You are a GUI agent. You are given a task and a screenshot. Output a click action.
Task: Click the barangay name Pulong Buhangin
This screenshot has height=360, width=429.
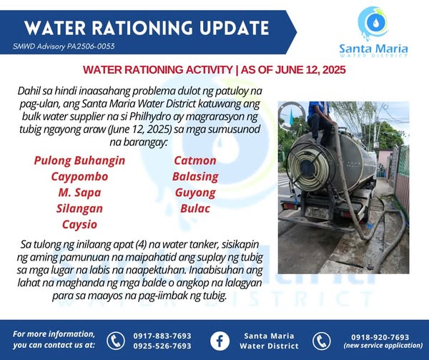[79, 161]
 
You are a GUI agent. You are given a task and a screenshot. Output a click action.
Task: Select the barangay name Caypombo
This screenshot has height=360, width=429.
[79, 177]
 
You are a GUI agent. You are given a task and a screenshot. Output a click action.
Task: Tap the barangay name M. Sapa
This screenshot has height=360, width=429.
[79, 193]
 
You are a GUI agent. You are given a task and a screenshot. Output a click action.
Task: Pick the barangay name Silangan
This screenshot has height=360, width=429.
[79, 208]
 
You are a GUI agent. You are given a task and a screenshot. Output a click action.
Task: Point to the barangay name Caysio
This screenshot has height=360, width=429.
[79, 225]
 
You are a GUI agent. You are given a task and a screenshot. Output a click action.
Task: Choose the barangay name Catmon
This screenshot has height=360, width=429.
[195, 161]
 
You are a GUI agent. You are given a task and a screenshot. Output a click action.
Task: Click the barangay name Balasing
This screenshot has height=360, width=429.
[195, 177]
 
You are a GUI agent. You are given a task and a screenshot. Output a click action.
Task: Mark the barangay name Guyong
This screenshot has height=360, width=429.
[195, 193]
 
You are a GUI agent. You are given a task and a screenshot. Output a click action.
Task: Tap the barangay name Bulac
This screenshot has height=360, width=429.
[195, 208]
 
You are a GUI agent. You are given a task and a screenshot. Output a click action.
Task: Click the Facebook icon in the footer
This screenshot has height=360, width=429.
[220, 341]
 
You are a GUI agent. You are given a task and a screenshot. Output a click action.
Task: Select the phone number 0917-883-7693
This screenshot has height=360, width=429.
[162, 336]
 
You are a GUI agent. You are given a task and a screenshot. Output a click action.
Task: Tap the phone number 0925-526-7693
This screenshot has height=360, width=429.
[162, 346]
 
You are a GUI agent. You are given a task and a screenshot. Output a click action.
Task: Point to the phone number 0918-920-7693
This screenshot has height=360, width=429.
[380, 337]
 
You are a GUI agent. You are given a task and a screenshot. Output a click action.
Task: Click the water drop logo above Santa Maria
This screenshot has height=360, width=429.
[373, 23]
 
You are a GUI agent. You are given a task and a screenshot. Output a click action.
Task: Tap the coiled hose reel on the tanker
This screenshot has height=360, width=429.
[308, 167]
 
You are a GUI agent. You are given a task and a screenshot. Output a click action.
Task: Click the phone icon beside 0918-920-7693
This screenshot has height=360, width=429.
[322, 341]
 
